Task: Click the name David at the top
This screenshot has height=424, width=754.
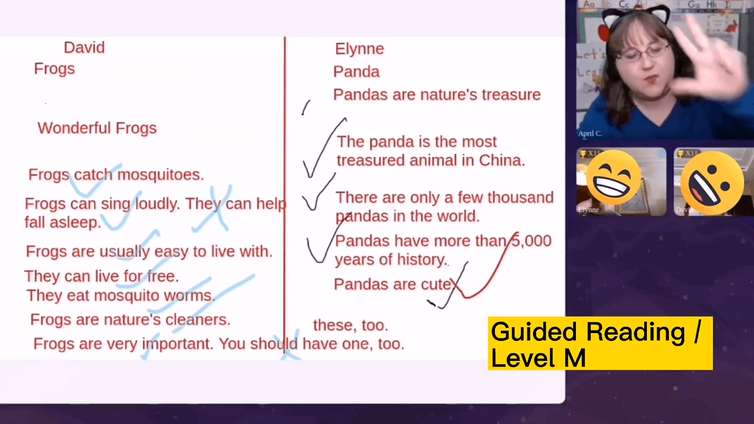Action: click(x=84, y=47)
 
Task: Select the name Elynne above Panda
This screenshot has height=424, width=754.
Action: click(x=360, y=49)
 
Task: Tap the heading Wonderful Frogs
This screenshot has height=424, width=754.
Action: click(x=97, y=128)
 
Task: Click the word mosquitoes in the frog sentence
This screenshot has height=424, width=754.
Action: click(x=160, y=175)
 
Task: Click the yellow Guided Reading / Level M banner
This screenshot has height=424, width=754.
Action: click(x=600, y=343)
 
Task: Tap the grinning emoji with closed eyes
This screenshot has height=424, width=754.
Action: click(x=613, y=178)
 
